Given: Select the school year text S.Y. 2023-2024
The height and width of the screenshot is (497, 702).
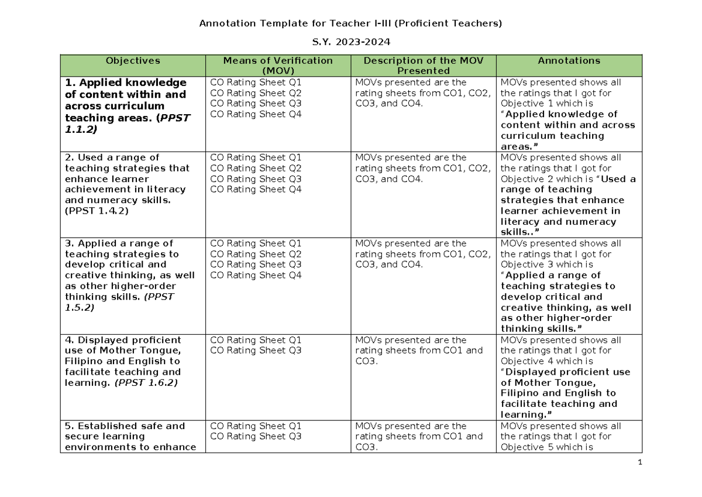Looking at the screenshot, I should pyautogui.click(x=350, y=42).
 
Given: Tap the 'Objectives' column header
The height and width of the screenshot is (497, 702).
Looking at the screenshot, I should pyautogui.click(x=133, y=60).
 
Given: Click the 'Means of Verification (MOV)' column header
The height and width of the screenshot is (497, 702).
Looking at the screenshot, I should pyautogui.click(x=278, y=66).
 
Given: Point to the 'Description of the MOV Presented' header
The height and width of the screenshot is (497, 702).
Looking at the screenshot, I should pyautogui.click(x=423, y=66).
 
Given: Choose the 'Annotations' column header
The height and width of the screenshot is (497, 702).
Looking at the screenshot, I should pyautogui.click(x=569, y=60).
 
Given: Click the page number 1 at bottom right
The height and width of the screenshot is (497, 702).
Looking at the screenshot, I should pyautogui.click(x=640, y=462).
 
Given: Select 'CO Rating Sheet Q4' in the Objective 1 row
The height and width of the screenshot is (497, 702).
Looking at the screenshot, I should pyautogui.click(x=256, y=114).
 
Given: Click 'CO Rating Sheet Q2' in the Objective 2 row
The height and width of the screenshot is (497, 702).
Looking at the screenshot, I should pyautogui.click(x=256, y=168).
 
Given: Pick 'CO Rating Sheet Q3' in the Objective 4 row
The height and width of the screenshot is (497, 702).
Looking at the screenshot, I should pyautogui.click(x=256, y=351).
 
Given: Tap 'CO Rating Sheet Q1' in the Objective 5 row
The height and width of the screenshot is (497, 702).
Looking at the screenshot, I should pyautogui.click(x=256, y=426).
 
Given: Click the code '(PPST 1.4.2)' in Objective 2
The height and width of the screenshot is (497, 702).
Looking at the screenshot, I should pyautogui.click(x=97, y=211).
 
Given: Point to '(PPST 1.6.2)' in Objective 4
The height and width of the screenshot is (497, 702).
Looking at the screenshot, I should pyautogui.click(x=146, y=383).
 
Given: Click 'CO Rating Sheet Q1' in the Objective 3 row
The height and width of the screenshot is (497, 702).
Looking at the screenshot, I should pyautogui.click(x=256, y=244).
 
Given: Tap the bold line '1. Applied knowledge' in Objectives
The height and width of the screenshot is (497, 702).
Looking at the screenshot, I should pyautogui.click(x=126, y=83).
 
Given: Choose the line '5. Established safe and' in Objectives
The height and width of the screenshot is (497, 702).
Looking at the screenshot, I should pyautogui.click(x=125, y=426).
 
